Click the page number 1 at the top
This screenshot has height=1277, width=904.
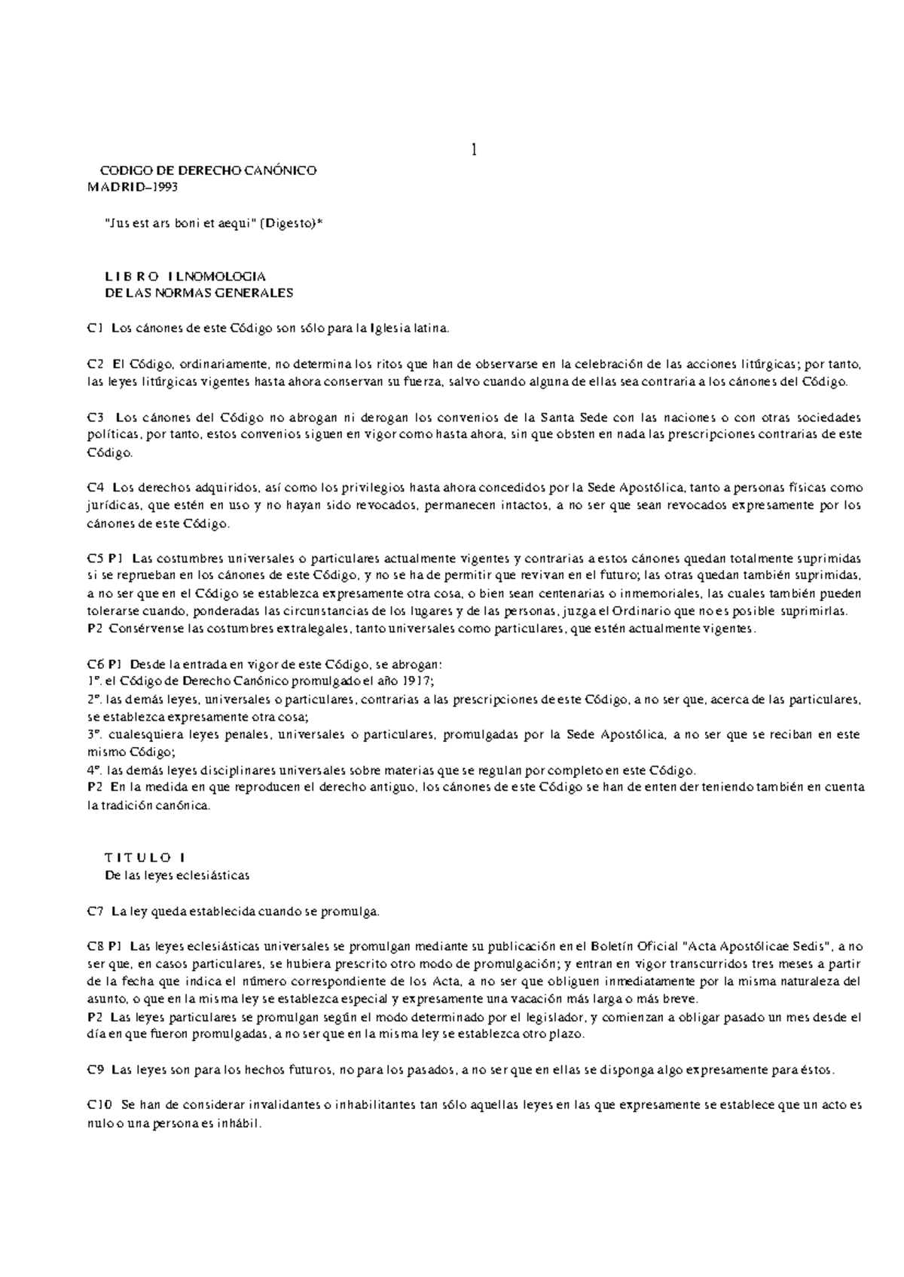tap(474, 150)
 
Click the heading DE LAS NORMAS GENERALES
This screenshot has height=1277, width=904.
tap(198, 292)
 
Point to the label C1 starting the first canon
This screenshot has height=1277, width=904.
tap(94, 328)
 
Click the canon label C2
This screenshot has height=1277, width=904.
tap(94, 364)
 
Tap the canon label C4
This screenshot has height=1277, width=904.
tap(95, 488)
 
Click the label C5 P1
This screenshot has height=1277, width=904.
tap(105, 559)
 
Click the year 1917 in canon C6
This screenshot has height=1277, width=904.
tap(417, 681)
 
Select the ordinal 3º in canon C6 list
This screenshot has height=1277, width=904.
tap(94, 734)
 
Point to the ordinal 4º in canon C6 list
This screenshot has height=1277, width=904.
tap(94, 770)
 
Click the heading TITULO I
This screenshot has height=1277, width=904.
tap(143, 857)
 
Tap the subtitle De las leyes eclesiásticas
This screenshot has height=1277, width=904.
tap(176, 875)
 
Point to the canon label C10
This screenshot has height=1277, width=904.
tap(99, 1105)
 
